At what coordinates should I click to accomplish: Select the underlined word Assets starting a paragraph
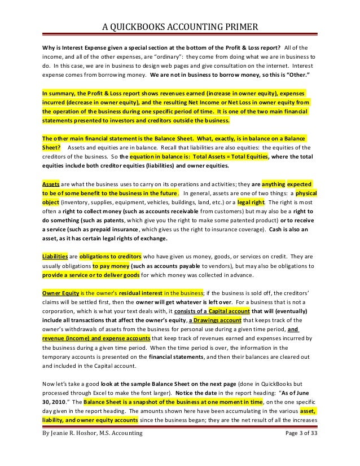[x=52, y=184]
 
